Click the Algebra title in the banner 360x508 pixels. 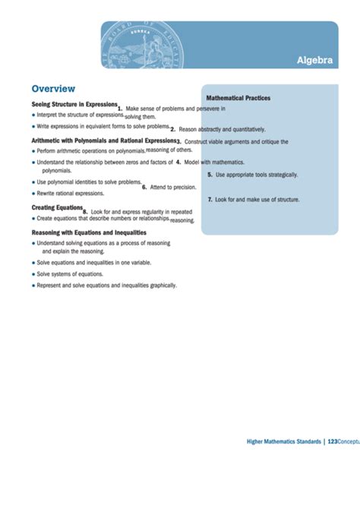(314, 61)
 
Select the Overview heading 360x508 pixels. (52, 88)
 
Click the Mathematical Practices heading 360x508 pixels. (238, 98)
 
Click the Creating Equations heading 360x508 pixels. (57, 207)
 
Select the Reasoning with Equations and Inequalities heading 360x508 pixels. (89, 232)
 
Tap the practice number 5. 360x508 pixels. (210, 175)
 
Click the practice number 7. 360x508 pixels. (210, 199)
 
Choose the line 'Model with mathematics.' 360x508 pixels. (214, 162)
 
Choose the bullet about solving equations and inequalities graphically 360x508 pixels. (106, 285)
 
